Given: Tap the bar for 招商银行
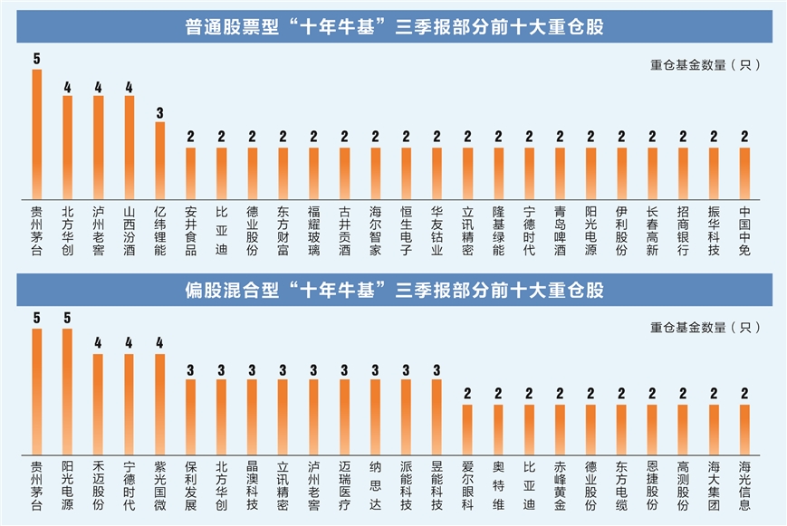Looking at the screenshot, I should (683, 173).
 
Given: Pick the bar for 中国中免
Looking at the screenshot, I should (744, 173).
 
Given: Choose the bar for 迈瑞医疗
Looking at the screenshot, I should (344, 417).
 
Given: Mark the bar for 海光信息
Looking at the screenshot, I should (744, 430).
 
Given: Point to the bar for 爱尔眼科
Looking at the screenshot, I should (467, 430).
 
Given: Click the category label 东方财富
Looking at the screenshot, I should (283, 231).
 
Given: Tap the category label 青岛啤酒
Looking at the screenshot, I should (560, 231).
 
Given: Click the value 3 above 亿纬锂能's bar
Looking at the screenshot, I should (159, 113).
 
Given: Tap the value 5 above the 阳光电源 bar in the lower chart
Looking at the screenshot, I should (67, 319).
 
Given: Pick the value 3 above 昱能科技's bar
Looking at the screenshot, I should (437, 369).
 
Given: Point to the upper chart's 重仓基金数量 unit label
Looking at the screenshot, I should (705, 64).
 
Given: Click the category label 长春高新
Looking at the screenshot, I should (652, 231).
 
